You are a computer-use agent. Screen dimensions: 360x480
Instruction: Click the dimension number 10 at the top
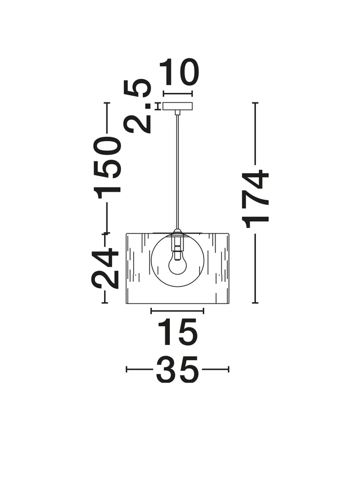179,72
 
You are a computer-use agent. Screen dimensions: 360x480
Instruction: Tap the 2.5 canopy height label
137,106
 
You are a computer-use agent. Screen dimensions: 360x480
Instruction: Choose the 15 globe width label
177,332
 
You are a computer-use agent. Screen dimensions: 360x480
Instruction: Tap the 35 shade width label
177,370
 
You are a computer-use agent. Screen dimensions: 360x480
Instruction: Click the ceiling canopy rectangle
178,106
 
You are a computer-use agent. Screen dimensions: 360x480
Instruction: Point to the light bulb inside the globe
177,262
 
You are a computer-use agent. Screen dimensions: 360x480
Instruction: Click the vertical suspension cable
177,172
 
